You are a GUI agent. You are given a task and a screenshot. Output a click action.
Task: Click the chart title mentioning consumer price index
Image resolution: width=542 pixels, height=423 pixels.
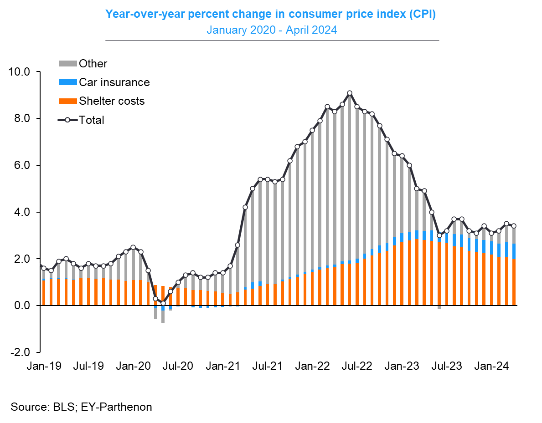click(x=271, y=14)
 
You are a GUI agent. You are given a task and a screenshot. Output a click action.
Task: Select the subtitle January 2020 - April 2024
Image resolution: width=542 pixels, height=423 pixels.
click(x=272, y=30)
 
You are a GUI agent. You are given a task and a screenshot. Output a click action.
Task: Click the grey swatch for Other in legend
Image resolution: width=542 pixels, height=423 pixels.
click(x=67, y=64)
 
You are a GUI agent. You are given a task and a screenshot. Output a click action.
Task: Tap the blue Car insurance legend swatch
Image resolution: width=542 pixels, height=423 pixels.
click(x=67, y=82)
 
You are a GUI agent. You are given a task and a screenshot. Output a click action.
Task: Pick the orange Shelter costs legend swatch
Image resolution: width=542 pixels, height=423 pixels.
click(x=67, y=101)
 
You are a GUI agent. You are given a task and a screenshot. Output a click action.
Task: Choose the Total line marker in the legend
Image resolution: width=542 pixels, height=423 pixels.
click(x=67, y=120)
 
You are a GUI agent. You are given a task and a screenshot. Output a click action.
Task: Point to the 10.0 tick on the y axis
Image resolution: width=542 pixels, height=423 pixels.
click(x=20, y=72)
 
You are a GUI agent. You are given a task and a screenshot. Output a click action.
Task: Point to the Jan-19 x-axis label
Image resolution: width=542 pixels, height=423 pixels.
click(x=40, y=366)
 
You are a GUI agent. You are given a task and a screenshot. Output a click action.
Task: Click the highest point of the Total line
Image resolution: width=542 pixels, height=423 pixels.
click(x=350, y=93)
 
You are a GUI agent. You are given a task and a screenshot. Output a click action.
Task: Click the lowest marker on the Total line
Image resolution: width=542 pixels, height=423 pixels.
click(x=163, y=303)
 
